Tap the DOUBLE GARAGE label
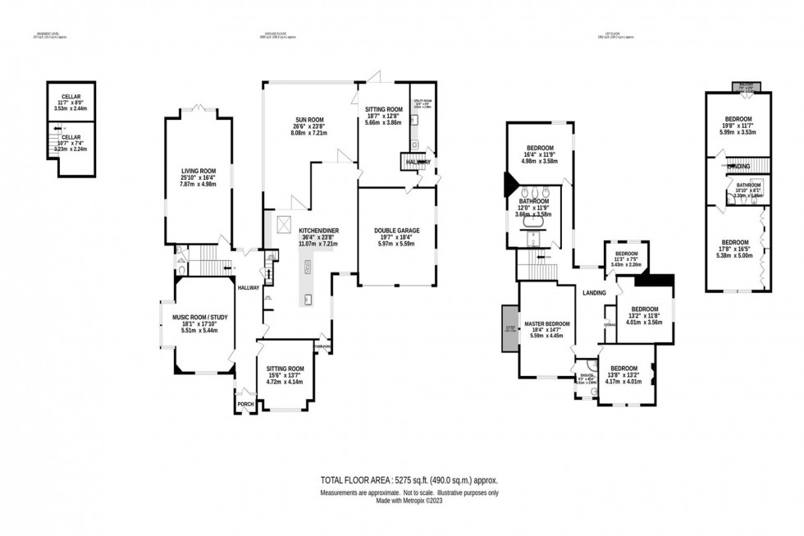[396, 230]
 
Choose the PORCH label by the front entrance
[245, 404]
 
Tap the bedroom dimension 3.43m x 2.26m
[627, 264]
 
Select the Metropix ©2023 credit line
[408, 500]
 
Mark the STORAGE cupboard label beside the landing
[610, 325]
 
